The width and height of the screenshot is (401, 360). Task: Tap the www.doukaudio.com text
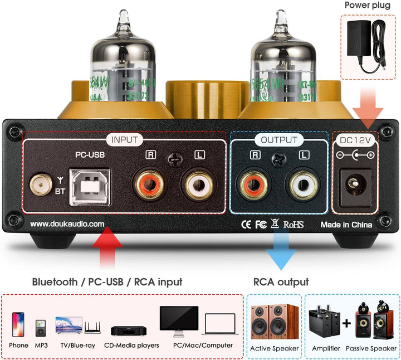(67, 224)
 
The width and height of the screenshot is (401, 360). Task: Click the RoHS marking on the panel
(294, 225)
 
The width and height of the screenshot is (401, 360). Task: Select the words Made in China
(346, 225)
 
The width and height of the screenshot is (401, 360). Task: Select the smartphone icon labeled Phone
(18, 324)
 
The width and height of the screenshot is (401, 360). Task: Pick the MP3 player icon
(40, 328)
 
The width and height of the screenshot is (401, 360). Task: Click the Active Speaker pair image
(274, 324)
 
